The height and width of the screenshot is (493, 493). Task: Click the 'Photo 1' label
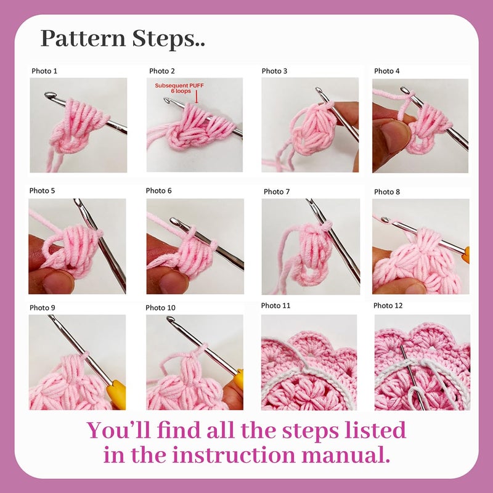(x=44, y=71)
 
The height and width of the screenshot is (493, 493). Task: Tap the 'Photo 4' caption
(x=387, y=71)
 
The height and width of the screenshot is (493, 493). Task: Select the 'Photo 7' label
(x=277, y=192)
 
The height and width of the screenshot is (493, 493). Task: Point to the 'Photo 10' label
(x=160, y=308)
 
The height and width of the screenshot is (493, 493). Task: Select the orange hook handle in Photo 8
(x=466, y=254)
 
